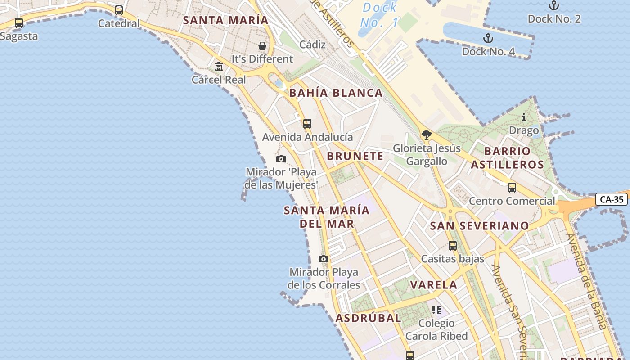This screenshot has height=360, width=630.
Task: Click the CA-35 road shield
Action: click(x=612, y=199)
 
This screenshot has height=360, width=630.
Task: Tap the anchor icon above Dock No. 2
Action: click(x=554, y=6)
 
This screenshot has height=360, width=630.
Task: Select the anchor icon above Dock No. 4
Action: click(x=488, y=38)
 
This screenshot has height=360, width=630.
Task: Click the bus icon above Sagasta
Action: click(x=19, y=23)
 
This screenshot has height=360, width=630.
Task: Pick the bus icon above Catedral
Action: click(x=119, y=10)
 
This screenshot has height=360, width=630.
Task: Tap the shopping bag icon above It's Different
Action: click(x=262, y=46)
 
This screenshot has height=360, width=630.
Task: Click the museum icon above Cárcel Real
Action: click(x=219, y=67)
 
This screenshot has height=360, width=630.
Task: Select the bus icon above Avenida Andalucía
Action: click(x=307, y=124)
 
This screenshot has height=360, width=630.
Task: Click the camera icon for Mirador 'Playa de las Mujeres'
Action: click(x=281, y=159)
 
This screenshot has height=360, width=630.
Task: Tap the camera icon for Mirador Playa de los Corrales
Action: click(x=324, y=259)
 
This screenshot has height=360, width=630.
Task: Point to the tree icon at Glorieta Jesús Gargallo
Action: click(x=427, y=135)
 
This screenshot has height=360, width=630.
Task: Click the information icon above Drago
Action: click(x=524, y=117)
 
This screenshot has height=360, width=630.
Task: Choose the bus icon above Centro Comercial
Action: click(x=512, y=188)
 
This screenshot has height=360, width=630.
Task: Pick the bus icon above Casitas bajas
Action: click(x=453, y=246)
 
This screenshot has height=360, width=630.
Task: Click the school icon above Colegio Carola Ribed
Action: click(x=436, y=310)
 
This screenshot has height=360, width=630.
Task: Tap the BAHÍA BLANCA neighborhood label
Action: click(x=336, y=93)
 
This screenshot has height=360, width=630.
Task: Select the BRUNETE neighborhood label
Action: click(x=355, y=156)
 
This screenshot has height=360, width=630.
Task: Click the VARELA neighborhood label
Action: click(x=434, y=284)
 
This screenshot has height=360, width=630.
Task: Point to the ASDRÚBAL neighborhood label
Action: click(x=368, y=318)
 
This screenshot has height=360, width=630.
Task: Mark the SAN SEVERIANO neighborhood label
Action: click(x=479, y=226)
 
